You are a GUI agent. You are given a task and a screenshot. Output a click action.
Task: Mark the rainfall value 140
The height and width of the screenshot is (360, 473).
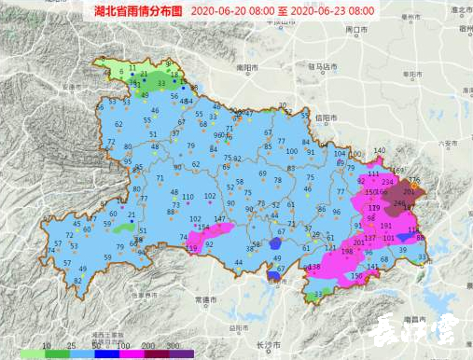(x=379, y=151)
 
